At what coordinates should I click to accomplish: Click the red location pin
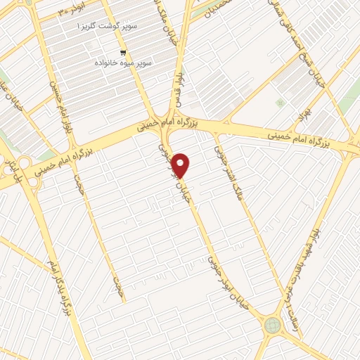[181, 165]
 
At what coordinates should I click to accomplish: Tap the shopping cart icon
[124, 53]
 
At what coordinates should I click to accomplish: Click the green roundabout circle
[272, 324]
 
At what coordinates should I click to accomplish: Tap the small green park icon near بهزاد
[280, 103]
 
